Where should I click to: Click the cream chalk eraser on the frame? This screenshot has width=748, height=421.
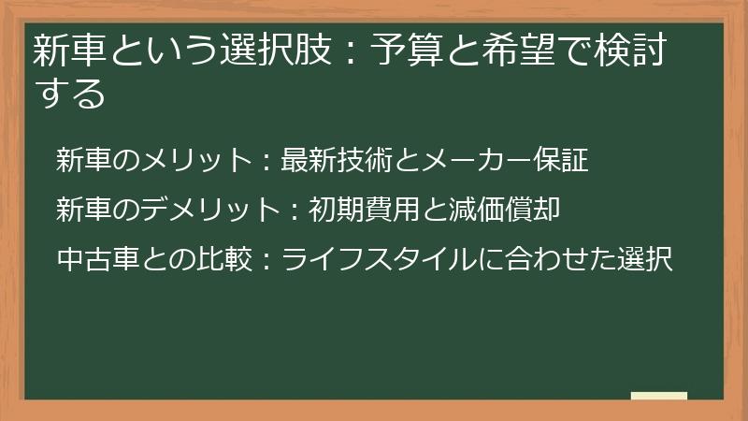coord(659,396)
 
